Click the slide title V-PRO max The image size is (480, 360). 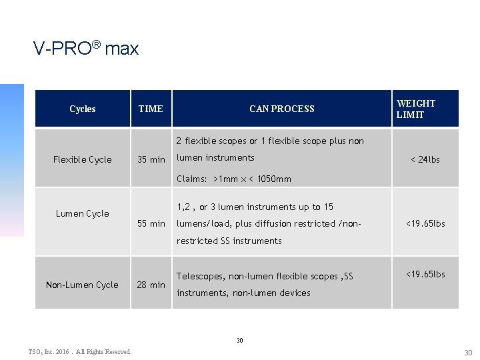[86, 49]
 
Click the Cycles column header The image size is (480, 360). [82, 109]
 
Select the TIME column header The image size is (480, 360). [150, 109]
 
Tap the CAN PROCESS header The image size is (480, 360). [281, 109]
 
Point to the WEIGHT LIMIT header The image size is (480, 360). [415, 109]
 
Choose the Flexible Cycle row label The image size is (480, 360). [82, 159]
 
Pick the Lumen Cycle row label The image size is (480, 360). [82, 213]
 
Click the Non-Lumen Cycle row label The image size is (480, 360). [82, 285]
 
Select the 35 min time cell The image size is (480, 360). [151, 159]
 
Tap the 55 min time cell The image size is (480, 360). [151, 223]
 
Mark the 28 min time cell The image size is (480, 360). [151, 285]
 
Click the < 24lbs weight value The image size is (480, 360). [425, 159]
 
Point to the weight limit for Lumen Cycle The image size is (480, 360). [425, 223]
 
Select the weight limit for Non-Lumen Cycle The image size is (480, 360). [425, 274]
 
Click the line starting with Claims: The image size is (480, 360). [233, 179]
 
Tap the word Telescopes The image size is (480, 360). [200, 276]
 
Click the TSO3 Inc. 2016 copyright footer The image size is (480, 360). [79, 351]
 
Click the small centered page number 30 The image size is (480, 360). [240, 340]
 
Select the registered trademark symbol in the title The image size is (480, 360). [96, 45]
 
